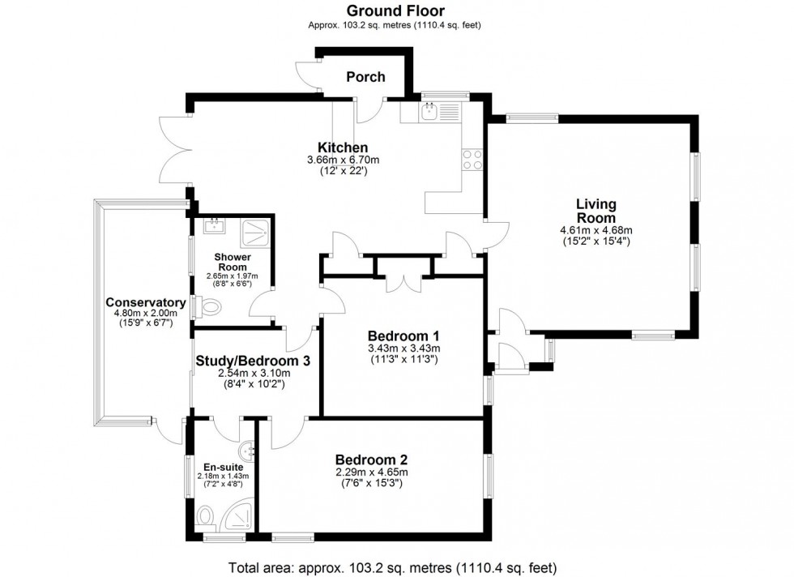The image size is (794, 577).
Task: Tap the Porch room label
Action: [x=365, y=77]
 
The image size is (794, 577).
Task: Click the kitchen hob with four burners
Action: [x=472, y=160]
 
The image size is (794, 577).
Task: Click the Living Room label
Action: [x=595, y=211]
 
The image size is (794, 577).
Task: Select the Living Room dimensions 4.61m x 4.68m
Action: [x=595, y=235]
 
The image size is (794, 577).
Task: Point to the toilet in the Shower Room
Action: [x=209, y=308]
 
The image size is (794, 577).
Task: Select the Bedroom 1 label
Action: [x=403, y=336]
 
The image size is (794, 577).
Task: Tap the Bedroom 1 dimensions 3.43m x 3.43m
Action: [x=403, y=353]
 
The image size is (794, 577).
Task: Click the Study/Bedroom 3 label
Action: [x=253, y=361]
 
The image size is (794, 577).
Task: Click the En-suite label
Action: [x=221, y=467]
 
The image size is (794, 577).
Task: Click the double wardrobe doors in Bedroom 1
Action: [x=403, y=280]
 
